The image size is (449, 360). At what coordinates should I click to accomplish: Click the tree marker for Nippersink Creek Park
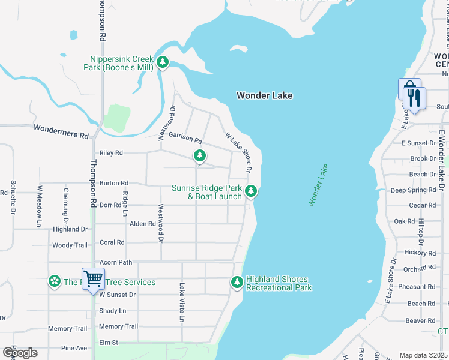162,62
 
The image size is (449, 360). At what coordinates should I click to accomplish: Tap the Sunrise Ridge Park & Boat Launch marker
251,191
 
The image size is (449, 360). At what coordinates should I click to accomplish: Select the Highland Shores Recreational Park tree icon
237,282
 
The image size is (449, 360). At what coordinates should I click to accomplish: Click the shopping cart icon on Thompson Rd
93,278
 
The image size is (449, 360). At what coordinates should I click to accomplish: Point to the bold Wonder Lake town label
264,95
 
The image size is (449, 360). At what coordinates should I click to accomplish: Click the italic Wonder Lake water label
319,185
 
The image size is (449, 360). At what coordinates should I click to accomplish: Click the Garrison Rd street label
185,138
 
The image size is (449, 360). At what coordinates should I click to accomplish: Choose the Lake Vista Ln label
182,302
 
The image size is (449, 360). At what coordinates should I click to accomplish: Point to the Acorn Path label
116,262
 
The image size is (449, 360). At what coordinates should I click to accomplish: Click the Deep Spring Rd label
413,190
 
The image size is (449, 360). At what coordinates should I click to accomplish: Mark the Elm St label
109,343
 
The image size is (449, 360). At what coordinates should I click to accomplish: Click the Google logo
20,353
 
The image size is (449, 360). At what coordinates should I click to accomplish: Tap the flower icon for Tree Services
55,282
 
